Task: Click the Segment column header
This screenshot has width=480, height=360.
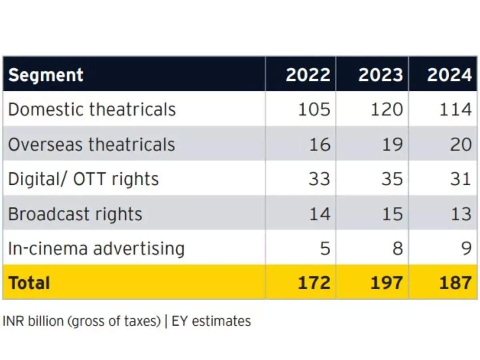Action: [x=46, y=75]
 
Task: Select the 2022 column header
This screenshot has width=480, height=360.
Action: [x=308, y=75]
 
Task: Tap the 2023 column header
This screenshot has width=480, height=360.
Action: [x=380, y=75]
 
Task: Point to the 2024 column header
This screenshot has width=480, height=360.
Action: [x=449, y=75]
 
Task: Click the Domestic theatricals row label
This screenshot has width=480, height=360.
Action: [x=92, y=110]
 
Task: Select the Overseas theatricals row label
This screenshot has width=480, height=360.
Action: [x=92, y=144]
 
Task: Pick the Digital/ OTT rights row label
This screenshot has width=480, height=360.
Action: [x=83, y=179]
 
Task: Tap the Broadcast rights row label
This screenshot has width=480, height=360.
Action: [x=75, y=214]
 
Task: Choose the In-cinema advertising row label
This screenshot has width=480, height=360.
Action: [x=96, y=248]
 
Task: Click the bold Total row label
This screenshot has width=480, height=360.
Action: [x=29, y=283]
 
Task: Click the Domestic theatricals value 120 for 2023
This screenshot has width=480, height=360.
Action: [x=386, y=110]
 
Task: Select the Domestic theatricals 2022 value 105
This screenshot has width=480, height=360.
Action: [x=314, y=110]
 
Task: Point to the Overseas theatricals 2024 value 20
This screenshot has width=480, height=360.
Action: [x=460, y=144]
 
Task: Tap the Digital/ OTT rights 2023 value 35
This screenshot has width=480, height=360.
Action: [x=392, y=179]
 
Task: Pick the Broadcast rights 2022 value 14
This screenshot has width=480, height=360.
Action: [x=320, y=214]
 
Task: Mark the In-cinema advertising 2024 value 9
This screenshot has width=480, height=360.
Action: [x=466, y=248]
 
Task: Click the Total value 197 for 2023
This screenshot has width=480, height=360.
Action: [x=386, y=283]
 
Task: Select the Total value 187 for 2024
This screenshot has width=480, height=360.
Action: [x=455, y=283]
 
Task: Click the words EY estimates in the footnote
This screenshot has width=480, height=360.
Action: [x=211, y=321]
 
